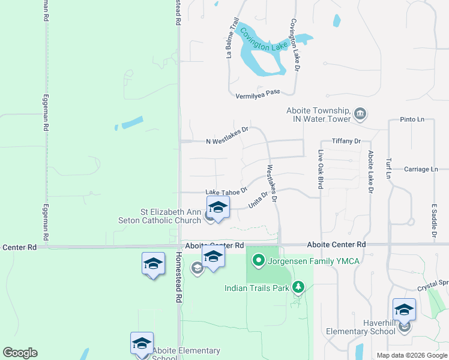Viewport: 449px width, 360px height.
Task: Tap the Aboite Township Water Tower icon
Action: pos(361,114)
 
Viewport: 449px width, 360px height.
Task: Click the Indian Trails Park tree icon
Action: pos(298,288)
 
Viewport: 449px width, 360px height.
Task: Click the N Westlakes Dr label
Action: pos(227,136)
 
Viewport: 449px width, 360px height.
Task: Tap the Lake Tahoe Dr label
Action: pos(226,192)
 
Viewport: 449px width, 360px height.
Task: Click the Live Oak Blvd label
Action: pos(321,169)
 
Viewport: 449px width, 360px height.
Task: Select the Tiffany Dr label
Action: pos(346,141)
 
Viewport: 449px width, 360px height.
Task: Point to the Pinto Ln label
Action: pos(412,120)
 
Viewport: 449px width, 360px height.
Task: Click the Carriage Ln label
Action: pos(421,169)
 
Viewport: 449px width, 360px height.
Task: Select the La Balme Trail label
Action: pos(232,37)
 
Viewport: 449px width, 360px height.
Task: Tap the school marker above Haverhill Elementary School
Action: pos(404,310)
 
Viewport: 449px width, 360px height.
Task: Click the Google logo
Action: pos(20,353)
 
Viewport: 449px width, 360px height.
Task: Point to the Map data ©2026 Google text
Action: pos(411,355)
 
